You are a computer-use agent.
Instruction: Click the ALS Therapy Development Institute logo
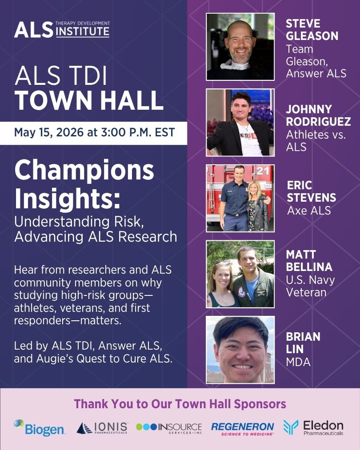(61, 29)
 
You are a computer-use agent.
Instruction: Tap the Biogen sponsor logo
(40, 427)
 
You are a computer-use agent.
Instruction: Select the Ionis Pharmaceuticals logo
(102, 427)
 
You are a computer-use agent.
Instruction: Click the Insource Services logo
(169, 427)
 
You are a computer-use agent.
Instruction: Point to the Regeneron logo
(243, 427)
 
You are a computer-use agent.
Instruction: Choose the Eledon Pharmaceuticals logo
(313, 427)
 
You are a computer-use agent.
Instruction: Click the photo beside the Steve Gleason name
(240, 47)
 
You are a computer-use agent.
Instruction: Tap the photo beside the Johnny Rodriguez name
(240, 122)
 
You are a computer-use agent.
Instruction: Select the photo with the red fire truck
(240, 198)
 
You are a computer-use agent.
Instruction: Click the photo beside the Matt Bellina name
(240, 274)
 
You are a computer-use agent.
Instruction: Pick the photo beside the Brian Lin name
(240, 350)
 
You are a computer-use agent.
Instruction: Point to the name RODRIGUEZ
(318, 121)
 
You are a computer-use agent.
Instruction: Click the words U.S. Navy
(310, 280)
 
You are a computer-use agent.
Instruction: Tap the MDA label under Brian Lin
(298, 362)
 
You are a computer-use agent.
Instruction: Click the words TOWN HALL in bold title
(89, 101)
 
